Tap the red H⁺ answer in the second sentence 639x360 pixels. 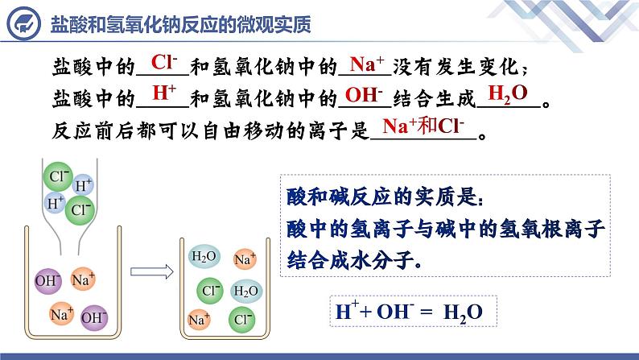pos(164,93)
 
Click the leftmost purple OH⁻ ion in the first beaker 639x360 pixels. pos(46,282)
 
